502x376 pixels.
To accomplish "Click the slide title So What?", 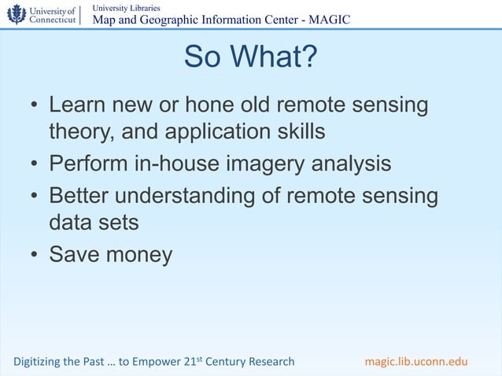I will pyautogui.click(x=250, y=57).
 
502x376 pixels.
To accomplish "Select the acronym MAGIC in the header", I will pyautogui.click(x=329, y=20).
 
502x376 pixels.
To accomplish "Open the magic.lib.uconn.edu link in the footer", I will pyautogui.click(x=416, y=362).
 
